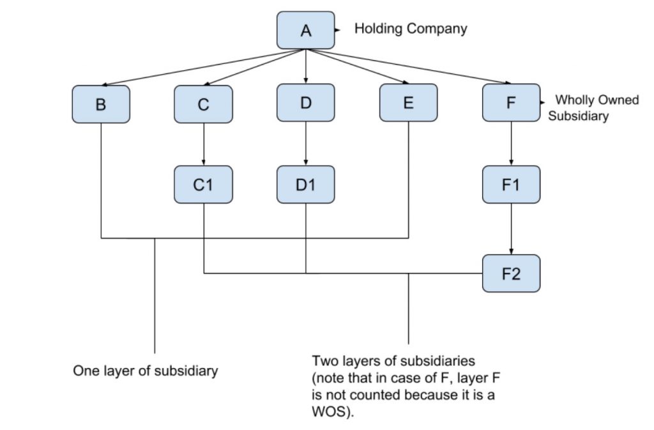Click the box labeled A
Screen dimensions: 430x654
[x=306, y=30]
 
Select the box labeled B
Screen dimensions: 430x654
[x=101, y=103]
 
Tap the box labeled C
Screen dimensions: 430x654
[x=203, y=103]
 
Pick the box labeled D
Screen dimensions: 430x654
[x=306, y=102]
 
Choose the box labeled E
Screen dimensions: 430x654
[x=408, y=103]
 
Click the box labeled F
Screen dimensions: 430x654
[x=511, y=102]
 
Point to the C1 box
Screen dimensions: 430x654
[x=203, y=185]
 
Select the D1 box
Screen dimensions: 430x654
[x=306, y=185]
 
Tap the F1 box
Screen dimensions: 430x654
[x=511, y=185]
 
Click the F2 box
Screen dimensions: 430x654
[x=511, y=273]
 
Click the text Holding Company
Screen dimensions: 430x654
[x=411, y=29]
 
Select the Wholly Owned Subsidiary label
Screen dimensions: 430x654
[x=593, y=108]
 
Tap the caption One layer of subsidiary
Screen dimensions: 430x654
[x=146, y=371]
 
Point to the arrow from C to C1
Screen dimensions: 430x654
[x=203, y=144]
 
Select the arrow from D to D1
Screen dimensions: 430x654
[x=306, y=144]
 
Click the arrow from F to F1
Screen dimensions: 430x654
[x=511, y=144]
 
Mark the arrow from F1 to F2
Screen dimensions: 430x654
[x=511, y=229]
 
